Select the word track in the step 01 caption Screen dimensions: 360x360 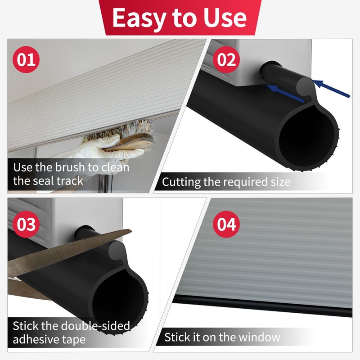click(x=69, y=181)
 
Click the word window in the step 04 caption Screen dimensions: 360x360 click(x=258, y=337)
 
